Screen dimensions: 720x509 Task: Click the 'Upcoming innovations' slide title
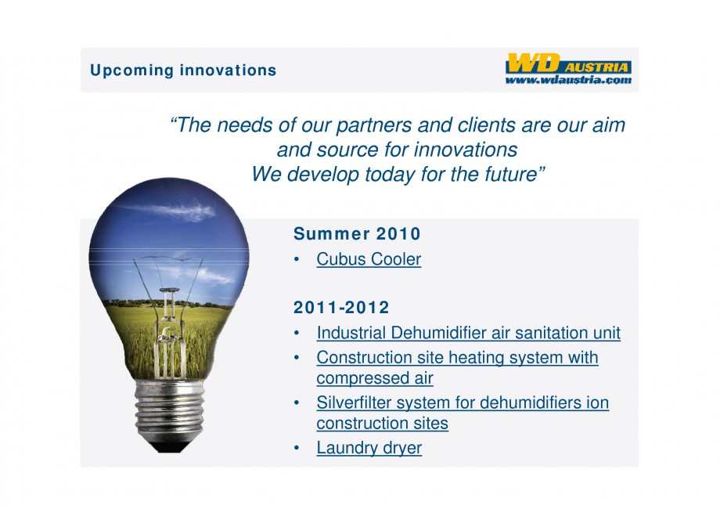pos(183,70)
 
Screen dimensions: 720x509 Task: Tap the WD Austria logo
pos(568,63)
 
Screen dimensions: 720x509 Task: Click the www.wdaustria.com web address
pos(568,80)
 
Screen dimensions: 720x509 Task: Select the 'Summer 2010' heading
pos(357,234)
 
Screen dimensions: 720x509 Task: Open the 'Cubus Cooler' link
pos(369,259)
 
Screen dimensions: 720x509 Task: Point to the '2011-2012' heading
pos(341,307)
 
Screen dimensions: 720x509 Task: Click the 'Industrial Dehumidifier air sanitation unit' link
pos(468,333)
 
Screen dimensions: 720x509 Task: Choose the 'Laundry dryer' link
pos(369,448)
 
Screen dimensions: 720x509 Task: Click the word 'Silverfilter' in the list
pos(354,403)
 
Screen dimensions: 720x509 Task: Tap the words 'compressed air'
pos(375,378)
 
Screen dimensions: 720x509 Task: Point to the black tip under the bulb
pos(170,445)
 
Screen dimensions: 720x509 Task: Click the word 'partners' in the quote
pos(374,125)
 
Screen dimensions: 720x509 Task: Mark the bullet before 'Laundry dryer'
pos(297,448)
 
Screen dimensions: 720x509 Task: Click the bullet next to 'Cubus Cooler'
pos(297,259)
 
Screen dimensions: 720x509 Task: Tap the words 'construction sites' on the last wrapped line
pos(382,423)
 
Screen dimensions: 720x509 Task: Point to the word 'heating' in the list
pos(475,357)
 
